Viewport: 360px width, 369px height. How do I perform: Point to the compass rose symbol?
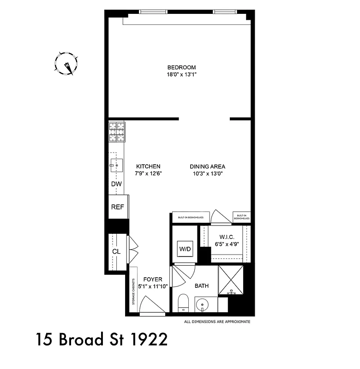[x=66, y=64]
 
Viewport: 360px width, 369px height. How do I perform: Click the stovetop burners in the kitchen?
[x=117, y=131]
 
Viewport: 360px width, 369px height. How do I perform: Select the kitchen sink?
[x=116, y=164]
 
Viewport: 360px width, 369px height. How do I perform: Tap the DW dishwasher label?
[x=116, y=184]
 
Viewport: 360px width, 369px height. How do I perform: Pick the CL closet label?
[x=116, y=252]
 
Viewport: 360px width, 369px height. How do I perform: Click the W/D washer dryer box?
[x=186, y=249]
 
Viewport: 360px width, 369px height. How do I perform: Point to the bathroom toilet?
[x=183, y=303]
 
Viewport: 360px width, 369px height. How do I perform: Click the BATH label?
[x=202, y=286]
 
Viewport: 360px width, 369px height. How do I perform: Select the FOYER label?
[x=153, y=279]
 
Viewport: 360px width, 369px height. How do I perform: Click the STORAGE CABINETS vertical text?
[x=133, y=292]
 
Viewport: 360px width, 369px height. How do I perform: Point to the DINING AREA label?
[x=207, y=167]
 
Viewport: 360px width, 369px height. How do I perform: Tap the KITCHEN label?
[x=148, y=167]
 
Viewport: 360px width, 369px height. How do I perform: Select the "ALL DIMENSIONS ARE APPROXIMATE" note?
[x=217, y=321]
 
